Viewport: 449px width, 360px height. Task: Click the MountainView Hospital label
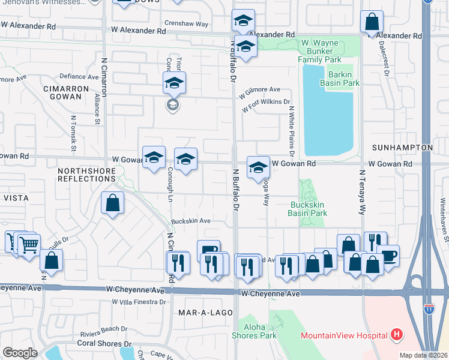click(x=344, y=335)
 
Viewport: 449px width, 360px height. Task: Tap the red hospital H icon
click(x=396, y=334)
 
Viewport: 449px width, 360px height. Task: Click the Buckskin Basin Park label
click(x=308, y=208)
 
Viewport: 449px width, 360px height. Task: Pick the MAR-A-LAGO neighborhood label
click(x=201, y=313)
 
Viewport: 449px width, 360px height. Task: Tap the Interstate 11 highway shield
click(x=429, y=308)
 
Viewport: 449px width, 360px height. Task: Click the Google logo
click(x=19, y=352)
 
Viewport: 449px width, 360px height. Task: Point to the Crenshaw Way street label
click(x=188, y=24)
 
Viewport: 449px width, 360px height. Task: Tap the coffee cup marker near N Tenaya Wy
click(x=388, y=255)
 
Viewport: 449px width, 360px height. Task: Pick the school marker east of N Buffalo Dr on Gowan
click(x=258, y=166)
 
